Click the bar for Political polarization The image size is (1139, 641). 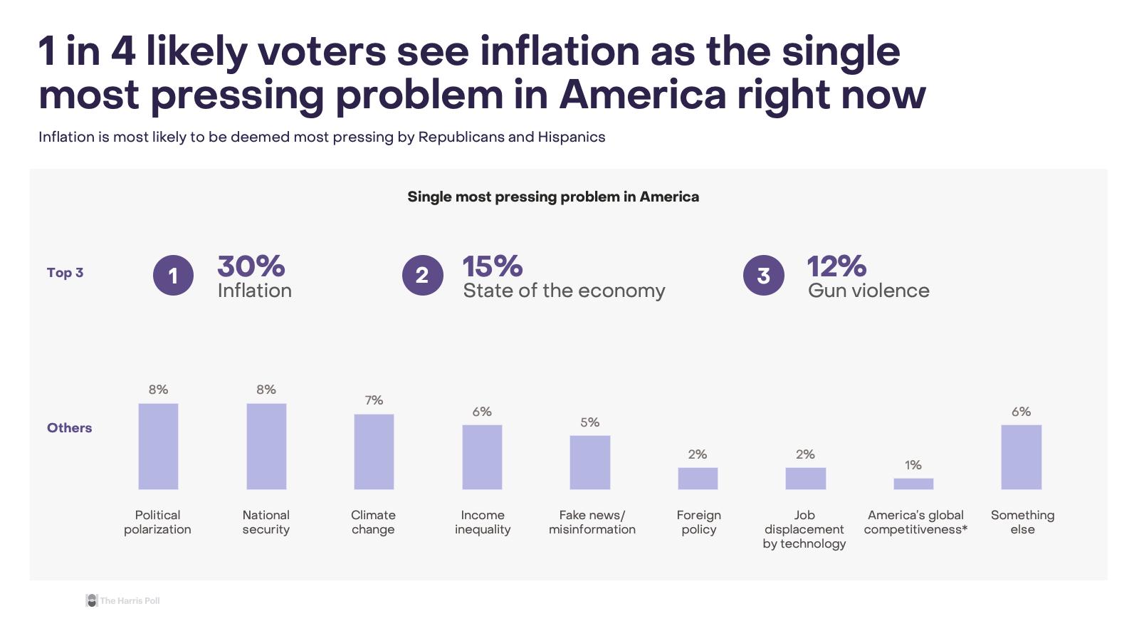(158, 447)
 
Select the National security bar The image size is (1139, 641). (266, 447)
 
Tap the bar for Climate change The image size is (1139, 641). (374, 452)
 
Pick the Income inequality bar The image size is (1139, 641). (482, 457)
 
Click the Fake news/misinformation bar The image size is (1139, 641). (590, 462)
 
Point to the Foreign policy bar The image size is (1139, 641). (698, 479)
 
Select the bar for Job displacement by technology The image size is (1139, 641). (806, 479)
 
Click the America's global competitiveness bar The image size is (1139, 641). (913, 484)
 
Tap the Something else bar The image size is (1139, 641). (1022, 457)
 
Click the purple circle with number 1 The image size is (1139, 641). (173, 275)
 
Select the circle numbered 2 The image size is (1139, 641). (422, 275)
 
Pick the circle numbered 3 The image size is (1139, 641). (763, 275)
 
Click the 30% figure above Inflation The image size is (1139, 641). (251, 266)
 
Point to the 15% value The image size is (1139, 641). (492, 266)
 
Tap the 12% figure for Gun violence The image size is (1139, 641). (836, 266)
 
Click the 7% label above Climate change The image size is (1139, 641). (374, 400)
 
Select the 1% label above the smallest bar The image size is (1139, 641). (913, 465)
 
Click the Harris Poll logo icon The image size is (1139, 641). (91, 600)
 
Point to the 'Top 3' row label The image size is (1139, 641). (65, 273)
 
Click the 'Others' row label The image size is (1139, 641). (69, 428)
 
